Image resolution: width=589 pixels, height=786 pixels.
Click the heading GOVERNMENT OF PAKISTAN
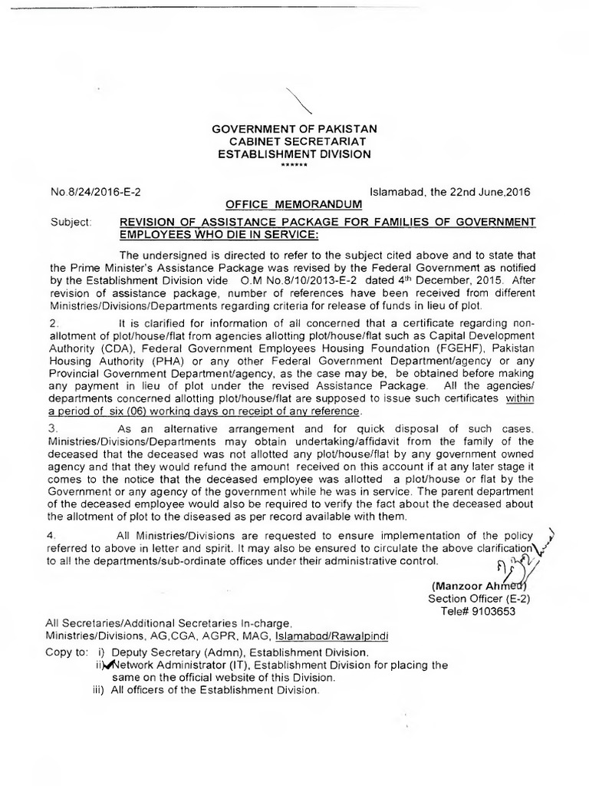tap(294, 127)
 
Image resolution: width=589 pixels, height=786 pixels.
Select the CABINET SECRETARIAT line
tap(294, 140)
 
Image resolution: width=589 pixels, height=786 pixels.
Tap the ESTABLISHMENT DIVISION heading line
tap(294, 154)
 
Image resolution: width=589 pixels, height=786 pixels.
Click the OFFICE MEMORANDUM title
tap(294, 205)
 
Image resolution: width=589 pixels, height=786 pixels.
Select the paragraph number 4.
tap(53, 535)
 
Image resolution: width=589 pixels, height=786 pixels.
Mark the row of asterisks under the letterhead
tap(294, 165)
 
